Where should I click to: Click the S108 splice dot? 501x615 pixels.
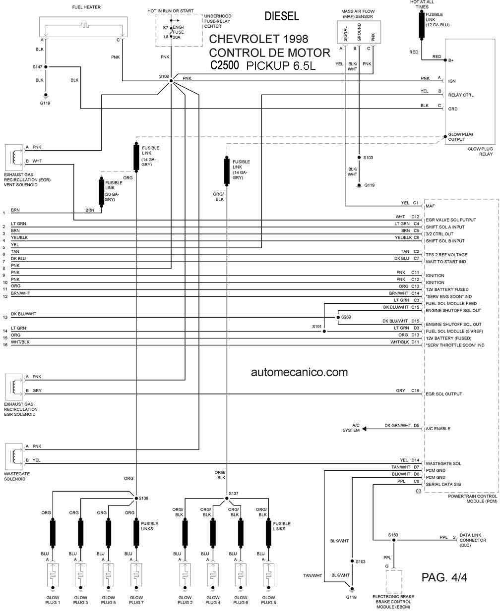[x=171, y=81]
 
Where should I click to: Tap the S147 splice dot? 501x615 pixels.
[x=46, y=67]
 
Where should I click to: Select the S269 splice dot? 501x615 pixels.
[x=338, y=317]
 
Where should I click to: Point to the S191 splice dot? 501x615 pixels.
[x=324, y=331]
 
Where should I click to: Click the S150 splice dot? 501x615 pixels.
[x=393, y=540]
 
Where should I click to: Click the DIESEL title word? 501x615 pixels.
[x=281, y=16]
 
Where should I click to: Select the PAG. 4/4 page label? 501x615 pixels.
[x=444, y=577]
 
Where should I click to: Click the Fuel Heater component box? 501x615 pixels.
[x=83, y=27]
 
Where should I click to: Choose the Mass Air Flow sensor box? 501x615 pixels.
[x=359, y=32]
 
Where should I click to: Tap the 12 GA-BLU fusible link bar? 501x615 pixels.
[x=422, y=25]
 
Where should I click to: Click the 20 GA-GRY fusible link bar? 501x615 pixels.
[x=101, y=192]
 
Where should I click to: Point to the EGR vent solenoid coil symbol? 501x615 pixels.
[x=13, y=157]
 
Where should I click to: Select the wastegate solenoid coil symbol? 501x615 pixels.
[x=13, y=456]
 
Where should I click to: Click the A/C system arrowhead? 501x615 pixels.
[x=364, y=429]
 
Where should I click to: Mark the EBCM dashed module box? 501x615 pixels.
[x=393, y=581]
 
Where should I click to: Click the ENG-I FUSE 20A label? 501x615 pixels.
[x=178, y=32]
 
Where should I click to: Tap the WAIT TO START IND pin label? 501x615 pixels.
[x=445, y=262]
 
